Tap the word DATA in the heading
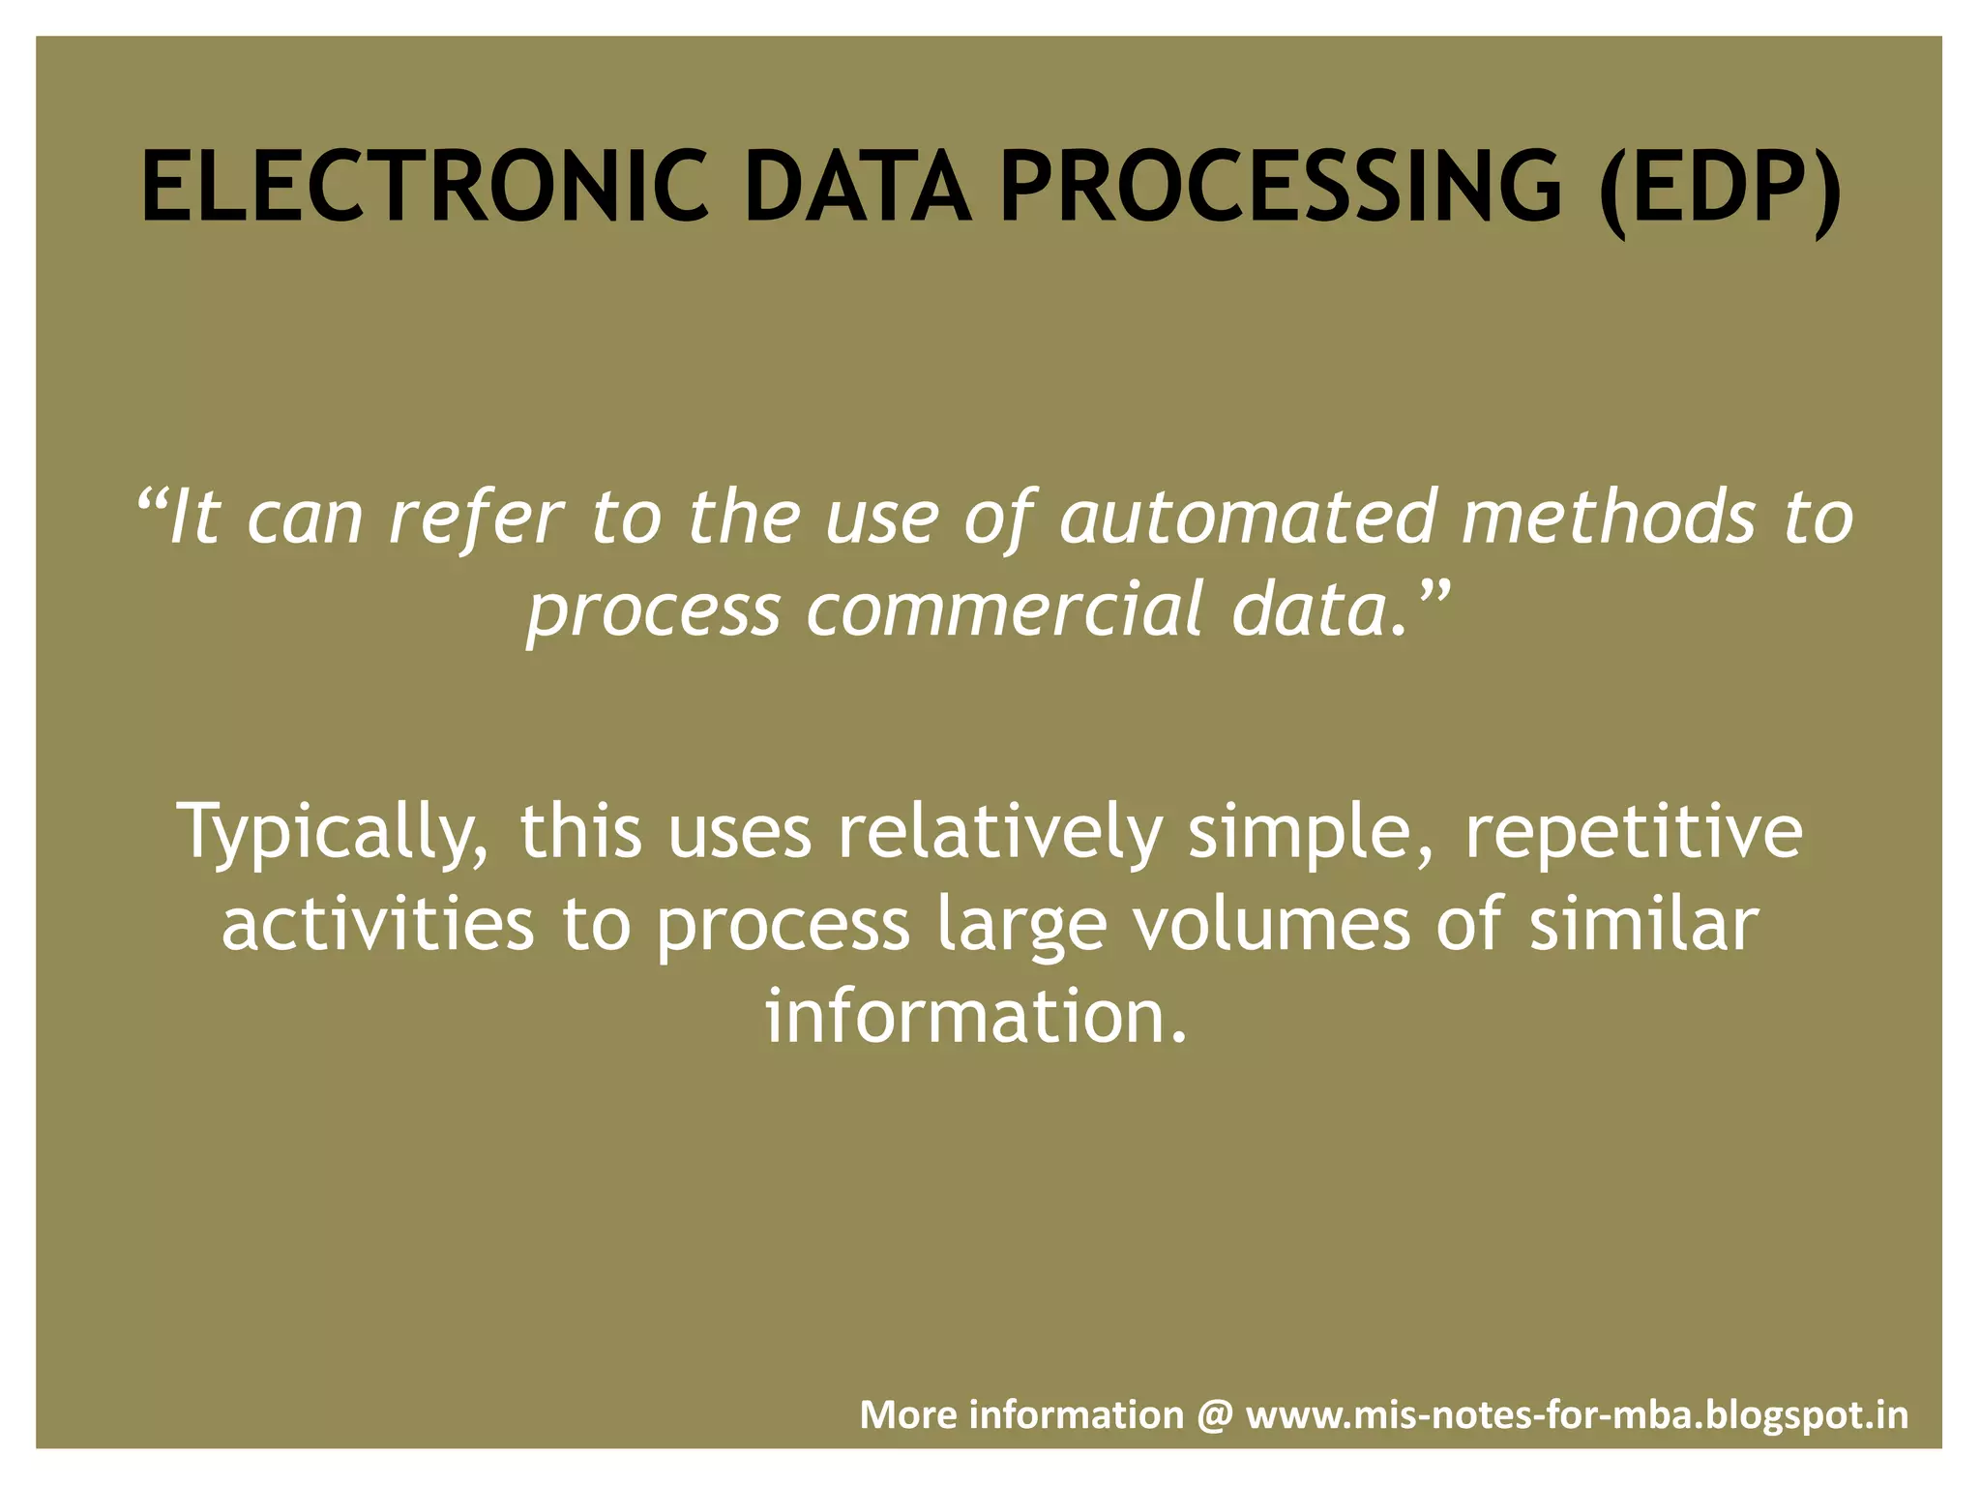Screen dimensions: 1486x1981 tap(857, 187)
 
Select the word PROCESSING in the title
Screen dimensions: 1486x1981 tap(1281, 187)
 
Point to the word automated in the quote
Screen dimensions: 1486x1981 tap(1247, 517)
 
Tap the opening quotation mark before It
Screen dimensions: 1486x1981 tap(152, 501)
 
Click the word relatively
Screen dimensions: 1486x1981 tap(999, 832)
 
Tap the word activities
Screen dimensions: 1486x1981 tap(377, 924)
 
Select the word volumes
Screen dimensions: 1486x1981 tap(1270, 924)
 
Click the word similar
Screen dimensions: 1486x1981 tap(1643, 924)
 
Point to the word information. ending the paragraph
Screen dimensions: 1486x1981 tap(975, 1018)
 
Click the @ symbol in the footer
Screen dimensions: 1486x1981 tap(1215, 1415)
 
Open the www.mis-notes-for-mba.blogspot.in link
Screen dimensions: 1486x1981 tap(1577, 1415)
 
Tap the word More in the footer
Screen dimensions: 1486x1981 tap(907, 1415)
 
